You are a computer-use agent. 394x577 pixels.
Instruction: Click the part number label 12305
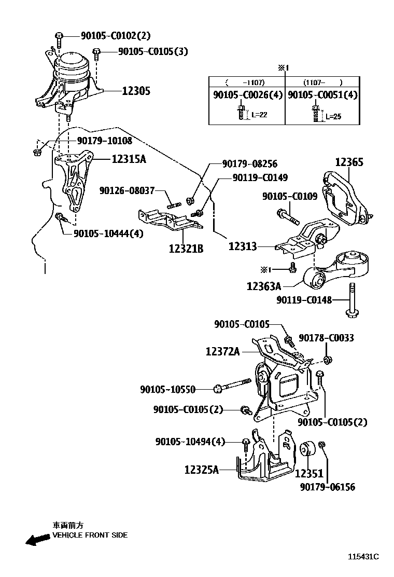point(136,91)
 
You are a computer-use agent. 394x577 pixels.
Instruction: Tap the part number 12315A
point(129,159)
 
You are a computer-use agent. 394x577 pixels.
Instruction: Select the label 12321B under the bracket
point(186,249)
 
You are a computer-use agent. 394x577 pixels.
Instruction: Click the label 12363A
point(263,286)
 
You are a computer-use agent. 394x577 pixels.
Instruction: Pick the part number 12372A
point(222,352)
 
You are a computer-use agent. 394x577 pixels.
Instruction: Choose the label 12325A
point(202,470)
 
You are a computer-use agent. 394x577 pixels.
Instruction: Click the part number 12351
point(309,473)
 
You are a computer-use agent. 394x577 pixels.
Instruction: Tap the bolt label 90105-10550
point(174,389)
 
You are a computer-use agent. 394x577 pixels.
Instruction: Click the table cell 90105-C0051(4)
point(322,95)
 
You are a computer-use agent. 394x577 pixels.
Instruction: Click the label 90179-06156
point(328,487)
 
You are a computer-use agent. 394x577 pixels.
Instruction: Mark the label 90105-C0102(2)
point(116,36)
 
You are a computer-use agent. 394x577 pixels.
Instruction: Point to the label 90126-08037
point(127,191)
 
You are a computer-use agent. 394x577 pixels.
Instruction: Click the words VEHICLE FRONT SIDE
point(90,535)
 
